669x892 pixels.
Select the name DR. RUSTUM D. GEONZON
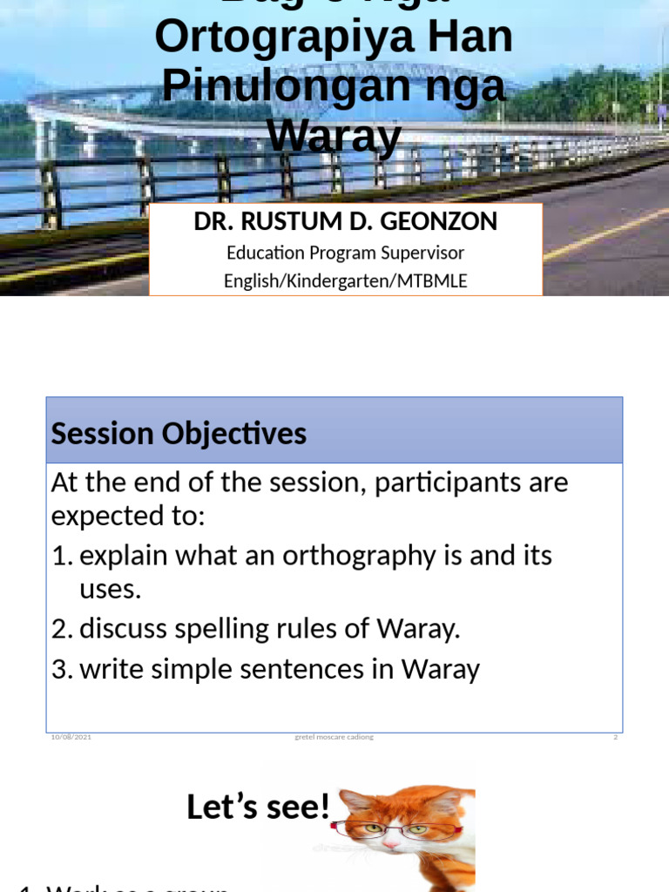(345, 221)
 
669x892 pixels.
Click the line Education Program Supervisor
(345, 253)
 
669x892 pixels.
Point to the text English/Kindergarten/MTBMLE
(345, 281)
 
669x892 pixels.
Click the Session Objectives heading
(179, 434)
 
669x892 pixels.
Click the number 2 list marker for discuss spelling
(61, 630)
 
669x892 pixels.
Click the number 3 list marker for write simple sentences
(61, 669)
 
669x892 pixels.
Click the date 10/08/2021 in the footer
(71, 737)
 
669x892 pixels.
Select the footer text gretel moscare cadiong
(334, 737)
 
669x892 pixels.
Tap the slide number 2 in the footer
(615, 737)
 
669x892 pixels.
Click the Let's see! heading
(259, 808)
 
